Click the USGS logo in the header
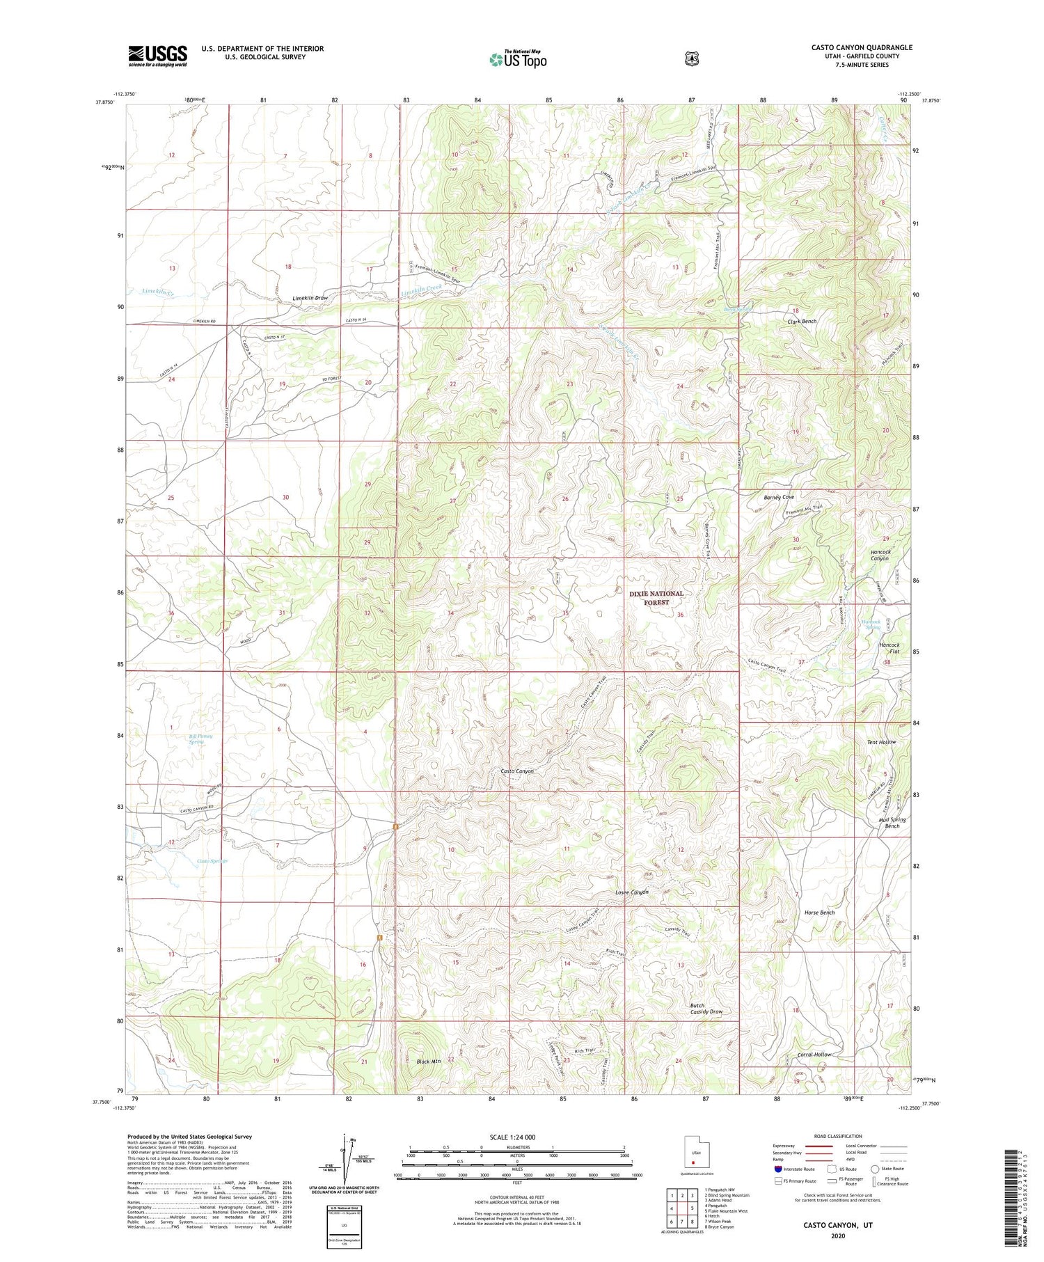[157, 55]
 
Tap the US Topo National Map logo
[518, 59]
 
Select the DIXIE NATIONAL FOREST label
[656, 598]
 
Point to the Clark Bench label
[802, 322]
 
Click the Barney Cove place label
[778, 497]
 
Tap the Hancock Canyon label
[880, 555]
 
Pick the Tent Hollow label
[880, 742]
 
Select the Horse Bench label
[819, 913]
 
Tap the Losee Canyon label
[631, 892]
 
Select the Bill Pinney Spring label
[200, 739]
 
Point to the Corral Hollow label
[814, 1055]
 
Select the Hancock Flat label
[889, 648]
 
